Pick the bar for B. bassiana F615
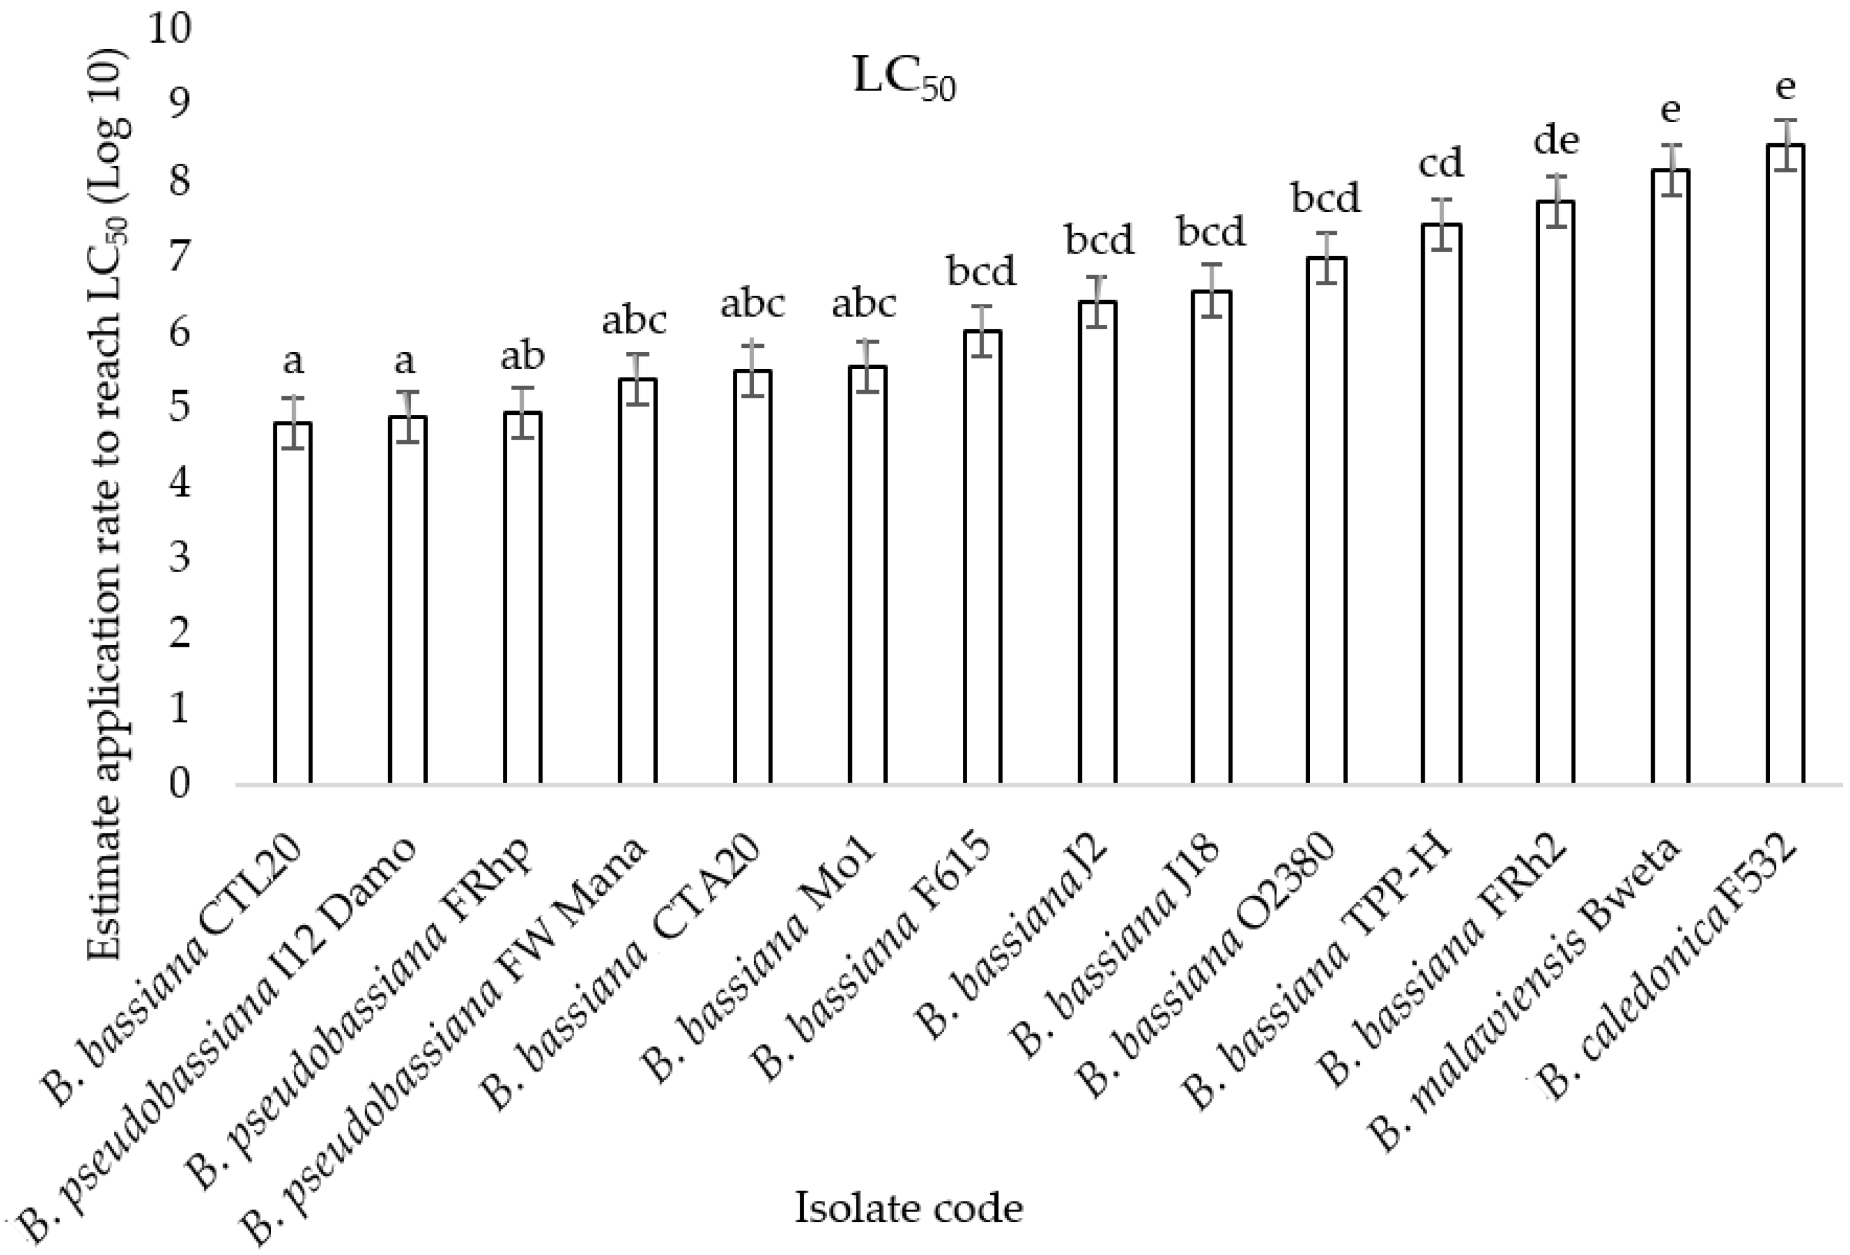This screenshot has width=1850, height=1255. (x=982, y=557)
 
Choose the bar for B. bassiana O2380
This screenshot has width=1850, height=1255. (x=1326, y=521)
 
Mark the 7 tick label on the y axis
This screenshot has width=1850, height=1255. (x=180, y=255)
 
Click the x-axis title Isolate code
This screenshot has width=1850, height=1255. (x=908, y=1208)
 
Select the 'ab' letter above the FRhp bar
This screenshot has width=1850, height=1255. (x=522, y=357)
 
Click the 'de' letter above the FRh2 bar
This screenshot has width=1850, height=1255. (x=1556, y=142)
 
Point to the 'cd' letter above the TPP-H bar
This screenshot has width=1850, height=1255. (x=1441, y=164)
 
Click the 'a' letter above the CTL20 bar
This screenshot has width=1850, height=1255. (x=293, y=362)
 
